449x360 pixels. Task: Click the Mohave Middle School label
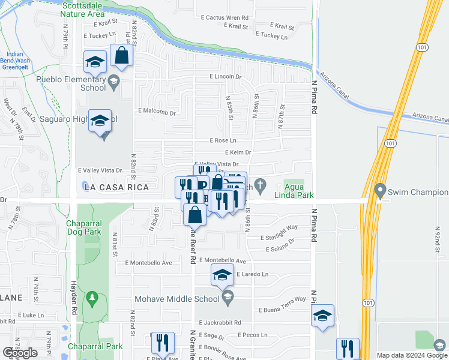pos(187,299)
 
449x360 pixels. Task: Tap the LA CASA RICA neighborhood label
pos(110,188)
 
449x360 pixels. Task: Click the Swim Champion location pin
pos(379,191)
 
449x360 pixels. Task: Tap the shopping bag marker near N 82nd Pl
pos(121,56)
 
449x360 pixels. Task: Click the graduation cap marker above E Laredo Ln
pos(222,275)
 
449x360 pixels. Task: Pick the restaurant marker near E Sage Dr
pos(162,343)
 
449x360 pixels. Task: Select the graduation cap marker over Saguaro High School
pos(100,120)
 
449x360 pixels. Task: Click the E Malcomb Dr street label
pos(156,112)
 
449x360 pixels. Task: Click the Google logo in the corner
pos(20,353)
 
